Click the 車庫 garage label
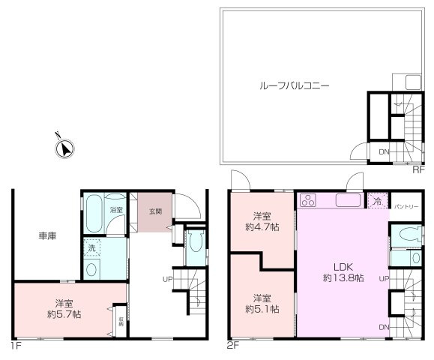(47, 235)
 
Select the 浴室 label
(115, 210)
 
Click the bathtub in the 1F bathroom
(94, 214)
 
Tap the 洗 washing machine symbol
(91, 247)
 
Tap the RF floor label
(417, 170)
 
